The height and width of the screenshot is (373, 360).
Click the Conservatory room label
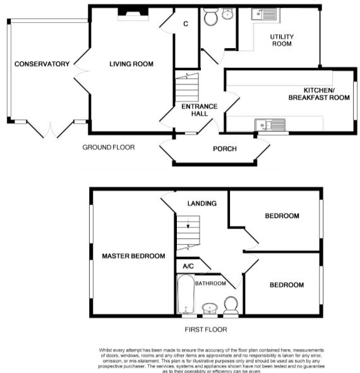42,64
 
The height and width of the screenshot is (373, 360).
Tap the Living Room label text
131,64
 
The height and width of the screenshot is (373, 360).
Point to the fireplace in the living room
133,13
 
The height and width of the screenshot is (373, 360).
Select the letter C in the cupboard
185,24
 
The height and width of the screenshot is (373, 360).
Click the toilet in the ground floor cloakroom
210,19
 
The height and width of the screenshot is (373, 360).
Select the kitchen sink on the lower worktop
270,124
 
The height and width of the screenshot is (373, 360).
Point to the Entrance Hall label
199,110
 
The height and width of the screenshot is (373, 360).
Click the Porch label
225,149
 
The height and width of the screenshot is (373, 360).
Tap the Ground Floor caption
108,147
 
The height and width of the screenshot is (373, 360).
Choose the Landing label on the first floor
202,204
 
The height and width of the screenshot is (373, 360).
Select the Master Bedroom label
133,256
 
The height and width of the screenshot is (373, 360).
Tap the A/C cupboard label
188,267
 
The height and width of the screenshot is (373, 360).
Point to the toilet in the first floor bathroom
231,304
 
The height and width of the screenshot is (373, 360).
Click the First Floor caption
205,329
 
